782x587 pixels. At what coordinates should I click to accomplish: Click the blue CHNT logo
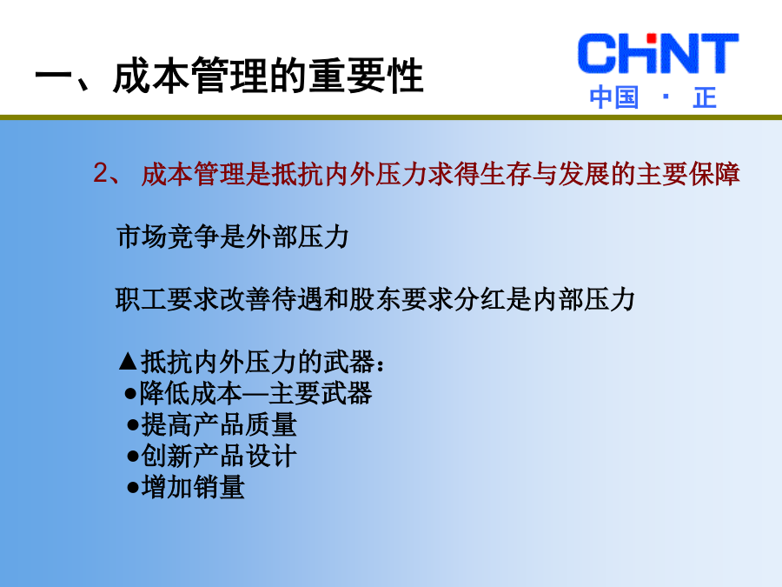click(658, 53)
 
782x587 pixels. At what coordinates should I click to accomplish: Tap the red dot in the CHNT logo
click(651, 38)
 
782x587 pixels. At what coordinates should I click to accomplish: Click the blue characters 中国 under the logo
click(614, 97)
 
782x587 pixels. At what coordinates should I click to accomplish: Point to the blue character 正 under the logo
click(705, 97)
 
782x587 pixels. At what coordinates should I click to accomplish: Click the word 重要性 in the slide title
click(366, 76)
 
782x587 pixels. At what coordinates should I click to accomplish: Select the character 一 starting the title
click(53, 77)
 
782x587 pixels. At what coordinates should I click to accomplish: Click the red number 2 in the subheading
click(101, 173)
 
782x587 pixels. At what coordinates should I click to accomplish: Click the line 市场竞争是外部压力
click(232, 237)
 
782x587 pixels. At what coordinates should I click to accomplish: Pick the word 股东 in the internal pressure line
click(375, 299)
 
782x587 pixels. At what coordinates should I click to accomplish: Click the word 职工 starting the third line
click(141, 299)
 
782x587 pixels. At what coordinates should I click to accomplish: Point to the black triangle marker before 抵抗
click(129, 362)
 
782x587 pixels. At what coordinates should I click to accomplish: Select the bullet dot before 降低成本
click(130, 394)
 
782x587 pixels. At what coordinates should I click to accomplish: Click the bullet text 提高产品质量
click(219, 425)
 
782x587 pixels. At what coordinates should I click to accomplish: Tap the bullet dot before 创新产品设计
click(133, 457)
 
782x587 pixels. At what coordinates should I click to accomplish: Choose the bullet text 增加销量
click(193, 487)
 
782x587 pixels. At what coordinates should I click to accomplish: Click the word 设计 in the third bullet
click(272, 457)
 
